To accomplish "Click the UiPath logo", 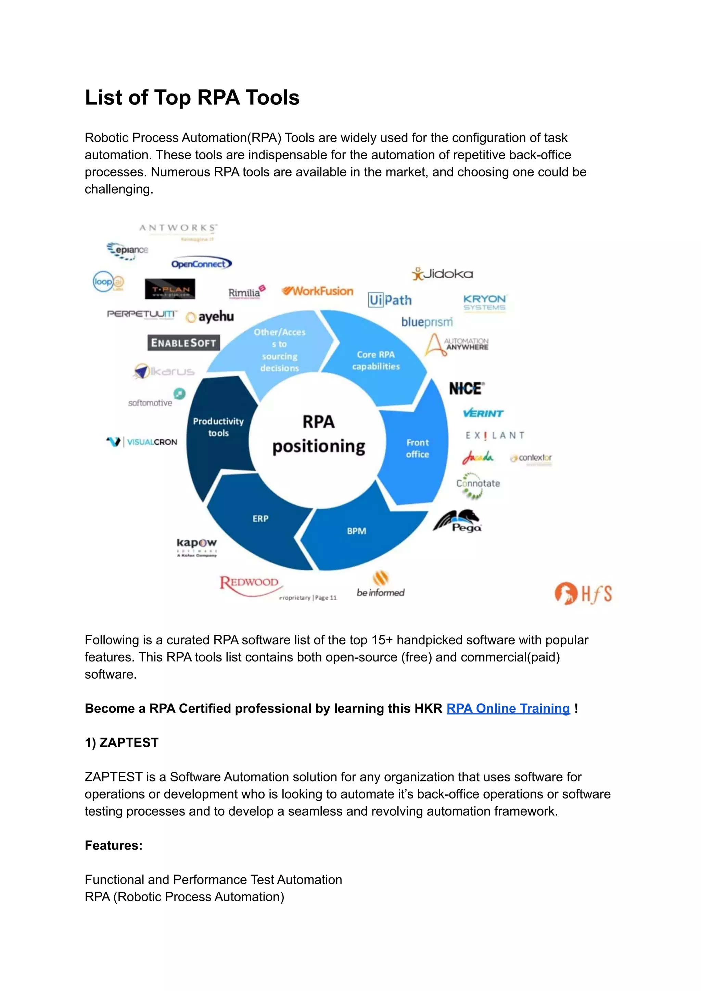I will (390, 300).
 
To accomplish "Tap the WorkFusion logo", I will (318, 291).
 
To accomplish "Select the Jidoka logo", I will (443, 274).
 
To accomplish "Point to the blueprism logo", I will (427, 322).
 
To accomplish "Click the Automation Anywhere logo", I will (457, 345).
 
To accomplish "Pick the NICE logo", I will (467, 388).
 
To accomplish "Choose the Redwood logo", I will (250, 584).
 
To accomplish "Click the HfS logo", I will (583, 593).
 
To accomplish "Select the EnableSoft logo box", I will (183, 343).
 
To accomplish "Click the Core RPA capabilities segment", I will (375, 360).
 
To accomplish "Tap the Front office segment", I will (417, 448).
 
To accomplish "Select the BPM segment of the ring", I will (357, 531).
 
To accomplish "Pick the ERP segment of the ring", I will (260, 518).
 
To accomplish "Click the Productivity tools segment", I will (218, 427).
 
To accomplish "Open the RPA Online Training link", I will (508, 708).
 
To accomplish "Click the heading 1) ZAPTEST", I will (122, 743).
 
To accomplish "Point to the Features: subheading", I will (114, 845).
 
